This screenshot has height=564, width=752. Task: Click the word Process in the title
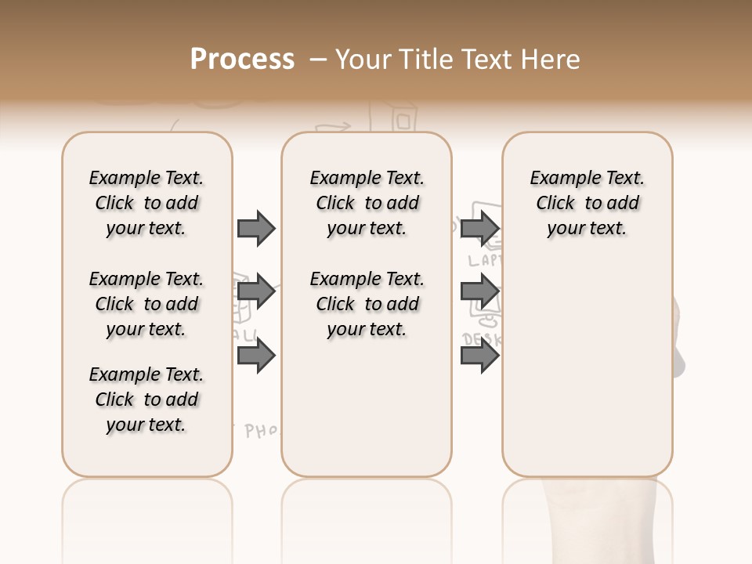(x=242, y=60)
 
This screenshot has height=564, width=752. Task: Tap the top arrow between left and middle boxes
(x=256, y=228)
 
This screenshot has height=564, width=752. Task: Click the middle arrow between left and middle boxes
(x=256, y=292)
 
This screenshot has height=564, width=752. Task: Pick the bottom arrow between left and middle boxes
(x=256, y=356)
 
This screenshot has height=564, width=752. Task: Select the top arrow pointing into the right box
(x=479, y=228)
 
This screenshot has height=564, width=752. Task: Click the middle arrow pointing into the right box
(x=479, y=292)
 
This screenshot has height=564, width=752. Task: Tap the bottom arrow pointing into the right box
(x=479, y=356)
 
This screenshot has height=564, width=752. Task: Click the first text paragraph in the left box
(x=146, y=203)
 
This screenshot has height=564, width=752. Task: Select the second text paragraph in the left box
(x=146, y=304)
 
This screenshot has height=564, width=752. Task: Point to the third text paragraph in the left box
(x=146, y=399)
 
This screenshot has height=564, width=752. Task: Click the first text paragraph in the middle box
(x=367, y=203)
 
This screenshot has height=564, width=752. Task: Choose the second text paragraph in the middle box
(x=367, y=304)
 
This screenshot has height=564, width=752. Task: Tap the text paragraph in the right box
(x=587, y=203)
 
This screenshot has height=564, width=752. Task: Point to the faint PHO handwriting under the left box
(x=262, y=431)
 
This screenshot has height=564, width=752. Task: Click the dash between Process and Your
(x=318, y=60)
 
